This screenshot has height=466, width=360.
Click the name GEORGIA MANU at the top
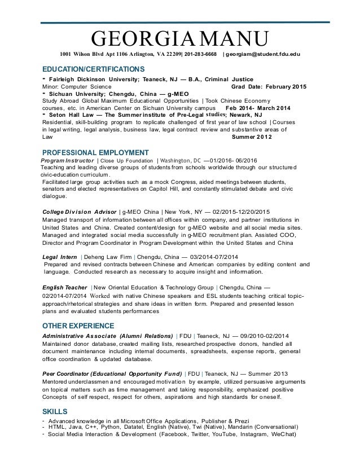coord(180,39)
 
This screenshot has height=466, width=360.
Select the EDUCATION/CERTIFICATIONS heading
coord(94,68)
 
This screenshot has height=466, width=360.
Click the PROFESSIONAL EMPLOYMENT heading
coord(96,152)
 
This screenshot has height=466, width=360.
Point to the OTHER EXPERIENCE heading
coord(78,326)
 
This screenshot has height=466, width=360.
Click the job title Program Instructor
coord(67,161)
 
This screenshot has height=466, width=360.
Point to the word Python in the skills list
coord(120,427)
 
